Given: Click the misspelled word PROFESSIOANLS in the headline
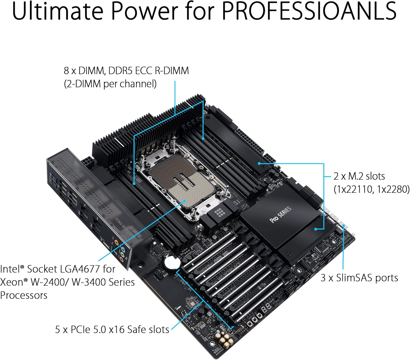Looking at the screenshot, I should coord(309,11).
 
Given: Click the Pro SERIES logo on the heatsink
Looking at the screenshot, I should coord(280,215).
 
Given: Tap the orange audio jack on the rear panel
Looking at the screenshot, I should coord(117,242).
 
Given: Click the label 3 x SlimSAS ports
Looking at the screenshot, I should coord(359,278).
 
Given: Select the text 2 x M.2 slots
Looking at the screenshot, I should coord(359,176).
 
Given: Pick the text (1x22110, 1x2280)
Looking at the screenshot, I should coord(371,189).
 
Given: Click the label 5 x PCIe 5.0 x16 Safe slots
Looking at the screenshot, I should coord(112,329).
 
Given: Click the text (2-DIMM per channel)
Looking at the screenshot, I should coord(110,84).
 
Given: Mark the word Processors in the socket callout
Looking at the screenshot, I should coord(24,295).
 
